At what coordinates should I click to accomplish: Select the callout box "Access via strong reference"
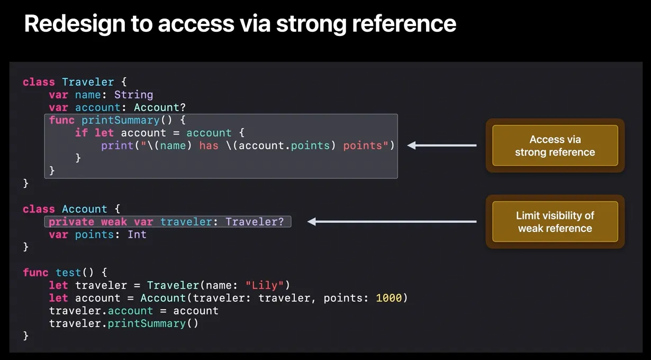coord(555,146)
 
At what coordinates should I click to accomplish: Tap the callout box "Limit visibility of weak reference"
coord(555,222)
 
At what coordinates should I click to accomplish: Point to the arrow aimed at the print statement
coord(441,146)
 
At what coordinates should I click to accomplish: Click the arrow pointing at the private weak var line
coord(392,222)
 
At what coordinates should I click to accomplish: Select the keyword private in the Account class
coord(71,222)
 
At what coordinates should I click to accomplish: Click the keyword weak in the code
coord(114,222)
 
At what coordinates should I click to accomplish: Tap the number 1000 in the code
coord(389,298)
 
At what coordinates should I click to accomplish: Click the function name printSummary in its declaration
coord(121,120)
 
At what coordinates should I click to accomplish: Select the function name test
coord(68,273)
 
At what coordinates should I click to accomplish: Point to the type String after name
coord(133,95)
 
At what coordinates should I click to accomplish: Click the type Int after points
coord(137,235)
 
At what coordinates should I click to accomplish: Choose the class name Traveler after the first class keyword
coord(88,82)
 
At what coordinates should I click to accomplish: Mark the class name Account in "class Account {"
coord(85,209)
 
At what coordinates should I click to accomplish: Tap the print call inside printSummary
coord(114,146)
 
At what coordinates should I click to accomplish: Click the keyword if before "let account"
coord(82,133)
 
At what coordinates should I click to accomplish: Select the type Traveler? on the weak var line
coord(255,222)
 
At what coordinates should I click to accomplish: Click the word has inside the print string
coord(209,146)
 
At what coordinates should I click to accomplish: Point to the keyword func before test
coord(36,273)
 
